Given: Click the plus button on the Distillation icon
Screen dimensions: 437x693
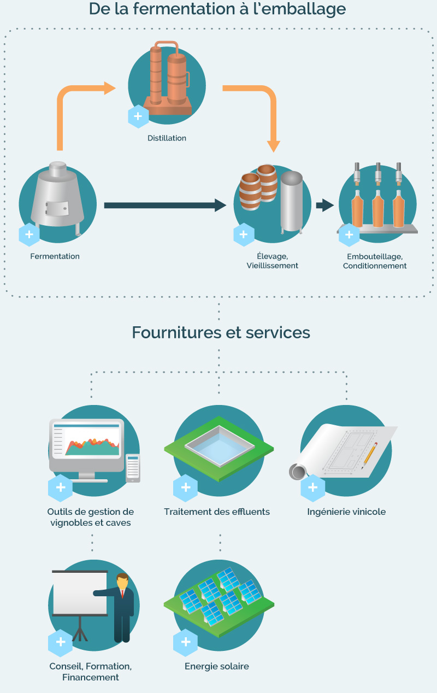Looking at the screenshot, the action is (138, 116).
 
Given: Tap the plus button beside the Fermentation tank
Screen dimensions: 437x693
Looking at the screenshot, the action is (29, 234).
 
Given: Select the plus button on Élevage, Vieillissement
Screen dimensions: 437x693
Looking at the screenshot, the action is (244, 234).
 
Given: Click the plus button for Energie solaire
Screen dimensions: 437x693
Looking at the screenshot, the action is (186, 642).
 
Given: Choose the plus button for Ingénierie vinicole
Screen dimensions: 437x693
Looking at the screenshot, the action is (312, 488).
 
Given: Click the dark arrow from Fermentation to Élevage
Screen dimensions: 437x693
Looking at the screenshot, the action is (165, 205).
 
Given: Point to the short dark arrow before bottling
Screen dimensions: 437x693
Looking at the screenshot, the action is (324, 205).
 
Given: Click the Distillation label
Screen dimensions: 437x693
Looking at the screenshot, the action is (167, 138).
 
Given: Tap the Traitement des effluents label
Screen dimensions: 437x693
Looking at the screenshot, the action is (217, 512).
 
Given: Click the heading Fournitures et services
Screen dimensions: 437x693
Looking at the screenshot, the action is (221, 333).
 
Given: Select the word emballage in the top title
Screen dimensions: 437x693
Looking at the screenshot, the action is (299, 9).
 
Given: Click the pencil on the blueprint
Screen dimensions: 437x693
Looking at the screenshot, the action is (369, 456).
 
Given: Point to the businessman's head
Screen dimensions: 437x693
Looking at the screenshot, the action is (122, 582).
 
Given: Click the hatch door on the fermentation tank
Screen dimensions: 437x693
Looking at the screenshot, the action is (57, 208).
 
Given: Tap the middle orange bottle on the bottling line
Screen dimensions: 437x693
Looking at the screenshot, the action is (378, 209).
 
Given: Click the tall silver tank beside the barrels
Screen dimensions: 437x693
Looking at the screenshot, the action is (291, 202).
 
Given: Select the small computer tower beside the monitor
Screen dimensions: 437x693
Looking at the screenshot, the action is (133, 468).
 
